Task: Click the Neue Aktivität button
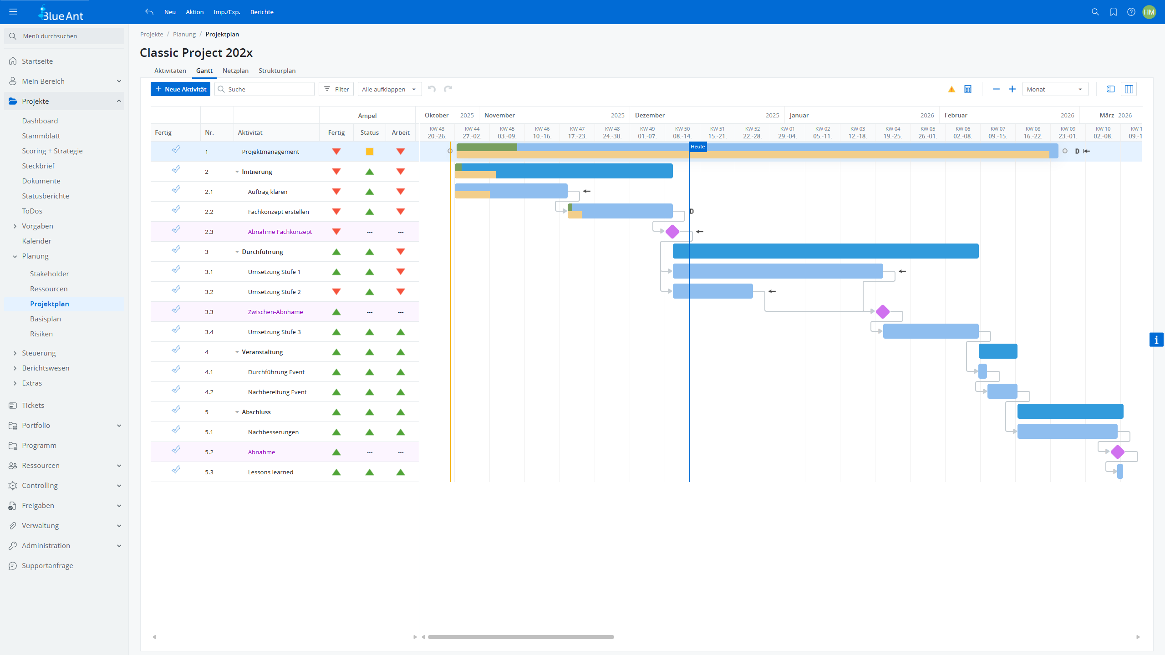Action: click(180, 89)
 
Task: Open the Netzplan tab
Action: click(235, 71)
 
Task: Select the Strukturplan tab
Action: click(277, 71)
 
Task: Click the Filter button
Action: click(336, 89)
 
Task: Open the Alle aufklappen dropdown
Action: click(389, 89)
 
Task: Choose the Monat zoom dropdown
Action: click(1054, 89)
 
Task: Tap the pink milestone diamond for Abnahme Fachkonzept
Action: click(672, 232)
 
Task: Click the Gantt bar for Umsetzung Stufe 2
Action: click(712, 291)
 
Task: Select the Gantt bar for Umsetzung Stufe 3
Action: click(930, 331)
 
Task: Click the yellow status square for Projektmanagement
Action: click(370, 152)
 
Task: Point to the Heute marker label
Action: click(697, 147)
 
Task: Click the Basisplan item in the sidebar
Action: click(46, 319)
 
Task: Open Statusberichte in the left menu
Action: click(46, 196)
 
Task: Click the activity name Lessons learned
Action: click(270, 472)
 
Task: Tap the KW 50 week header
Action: click(682, 132)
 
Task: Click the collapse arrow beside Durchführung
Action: click(237, 252)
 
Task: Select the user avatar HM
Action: click(1149, 12)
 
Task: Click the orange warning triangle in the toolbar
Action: click(951, 89)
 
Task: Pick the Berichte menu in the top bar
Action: click(262, 12)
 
